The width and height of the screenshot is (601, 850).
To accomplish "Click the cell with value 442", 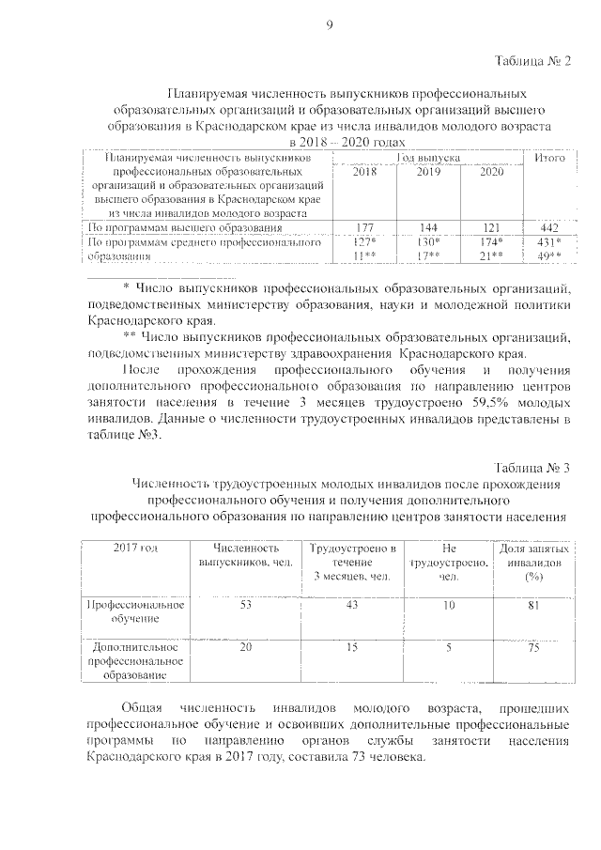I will tap(549, 228).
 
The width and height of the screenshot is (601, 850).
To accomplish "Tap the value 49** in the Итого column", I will tap(549, 255).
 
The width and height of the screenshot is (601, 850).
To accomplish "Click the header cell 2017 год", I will tap(135, 548).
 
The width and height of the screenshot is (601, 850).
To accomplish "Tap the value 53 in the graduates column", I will tap(246, 606).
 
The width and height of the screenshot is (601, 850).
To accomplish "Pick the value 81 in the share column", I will tap(532, 606).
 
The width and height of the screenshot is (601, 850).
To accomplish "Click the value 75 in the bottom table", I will tap(532, 647).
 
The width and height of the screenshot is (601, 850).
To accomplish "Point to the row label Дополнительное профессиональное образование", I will tap(135, 660).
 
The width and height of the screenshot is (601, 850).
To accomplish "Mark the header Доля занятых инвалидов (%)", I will tap(532, 562).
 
